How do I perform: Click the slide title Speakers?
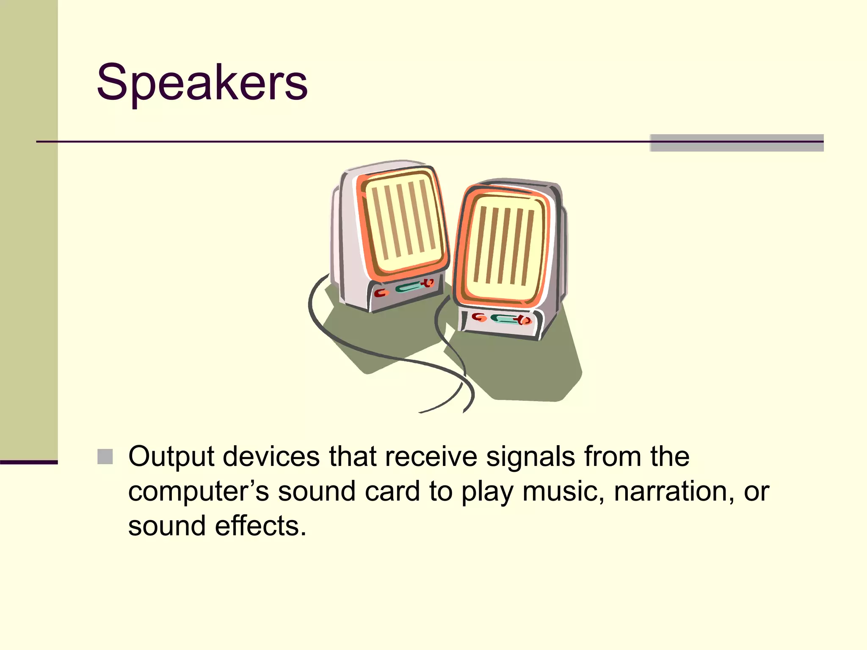pyautogui.click(x=202, y=83)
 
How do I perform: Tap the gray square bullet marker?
pyautogui.click(x=105, y=457)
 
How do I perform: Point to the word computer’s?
pyautogui.click(x=198, y=492)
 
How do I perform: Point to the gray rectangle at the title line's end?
pyautogui.click(x=736, y=143)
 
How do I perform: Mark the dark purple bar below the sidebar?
pyautogui.click(x=29, y=462)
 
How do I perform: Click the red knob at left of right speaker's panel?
pyautogui.click(x=478, y=317)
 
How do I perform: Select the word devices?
pyautogui.click(x=271, y=457)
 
